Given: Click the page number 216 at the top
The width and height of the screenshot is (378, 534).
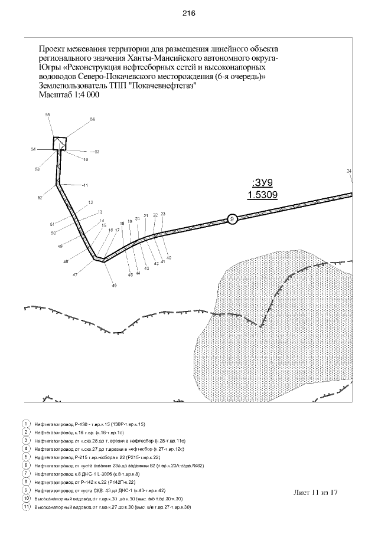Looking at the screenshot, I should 189,13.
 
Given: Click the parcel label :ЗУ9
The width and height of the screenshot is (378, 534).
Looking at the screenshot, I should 263,182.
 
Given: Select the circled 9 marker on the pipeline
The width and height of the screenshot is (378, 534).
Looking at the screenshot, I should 232,219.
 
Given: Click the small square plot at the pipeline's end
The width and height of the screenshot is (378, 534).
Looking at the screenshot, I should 60,143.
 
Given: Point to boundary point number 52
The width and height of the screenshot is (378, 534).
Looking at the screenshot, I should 40,198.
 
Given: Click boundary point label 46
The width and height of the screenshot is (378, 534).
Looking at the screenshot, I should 115,285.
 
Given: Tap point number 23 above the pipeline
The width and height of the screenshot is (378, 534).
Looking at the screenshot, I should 163,214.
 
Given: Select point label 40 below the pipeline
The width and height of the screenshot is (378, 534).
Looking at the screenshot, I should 169,258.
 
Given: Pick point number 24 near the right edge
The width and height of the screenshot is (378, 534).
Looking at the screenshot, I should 349,171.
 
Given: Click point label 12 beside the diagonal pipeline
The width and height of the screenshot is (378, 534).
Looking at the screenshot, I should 90,203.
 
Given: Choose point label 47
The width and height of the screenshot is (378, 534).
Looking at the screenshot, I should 75,275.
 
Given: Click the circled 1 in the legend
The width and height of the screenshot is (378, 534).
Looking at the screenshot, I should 26,424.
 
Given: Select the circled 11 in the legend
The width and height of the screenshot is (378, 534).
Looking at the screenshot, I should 26,507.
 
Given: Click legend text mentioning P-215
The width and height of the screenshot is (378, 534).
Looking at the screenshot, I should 97,457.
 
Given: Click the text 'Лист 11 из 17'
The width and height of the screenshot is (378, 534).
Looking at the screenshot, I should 315,492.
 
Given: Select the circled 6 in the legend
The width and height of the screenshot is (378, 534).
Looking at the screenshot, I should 26,466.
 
